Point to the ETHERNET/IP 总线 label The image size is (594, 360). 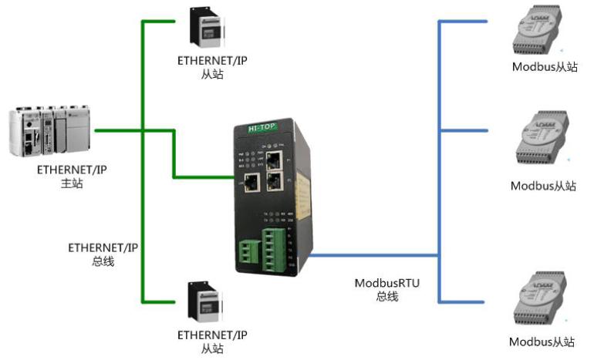[103, 254]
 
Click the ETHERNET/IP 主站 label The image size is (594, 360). [70, 176]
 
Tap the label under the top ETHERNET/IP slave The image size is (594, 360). [211, 67]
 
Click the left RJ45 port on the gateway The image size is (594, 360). [251, 182]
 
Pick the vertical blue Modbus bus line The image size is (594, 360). [439, 162]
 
